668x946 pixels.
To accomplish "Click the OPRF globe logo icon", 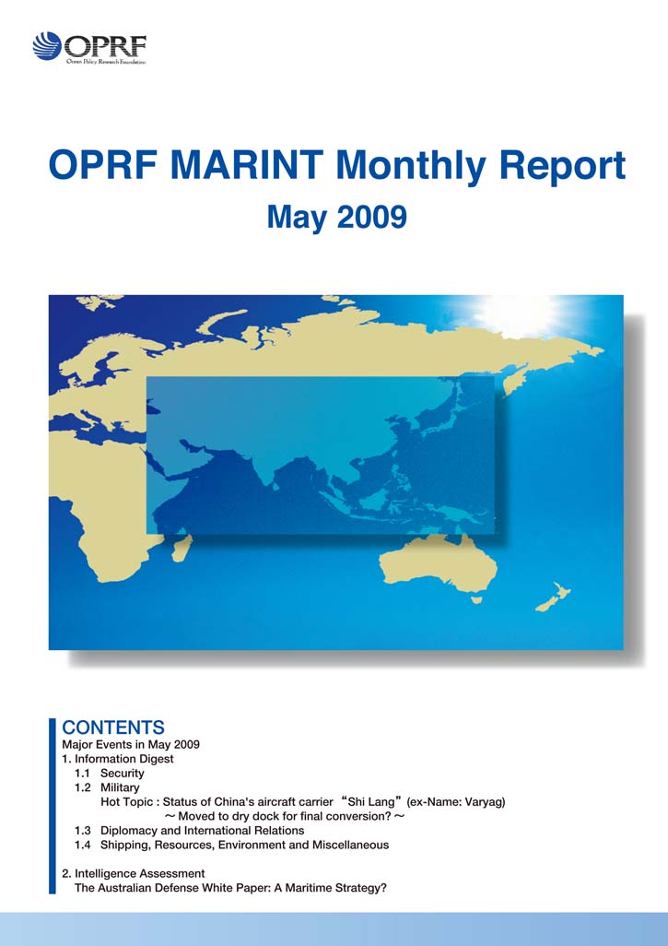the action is point(47,46).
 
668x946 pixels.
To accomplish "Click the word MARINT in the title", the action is point(247,165).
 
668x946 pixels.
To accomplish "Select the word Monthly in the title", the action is point(413,166).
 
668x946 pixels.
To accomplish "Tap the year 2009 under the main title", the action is point(371,217).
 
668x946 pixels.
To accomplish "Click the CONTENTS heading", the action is point(113,727).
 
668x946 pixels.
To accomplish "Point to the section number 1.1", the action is point(83,773).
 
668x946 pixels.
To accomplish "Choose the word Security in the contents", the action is point(123,774).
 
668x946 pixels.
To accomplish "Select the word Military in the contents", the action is point(120,787).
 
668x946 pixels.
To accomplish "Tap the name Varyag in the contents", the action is point(485,802).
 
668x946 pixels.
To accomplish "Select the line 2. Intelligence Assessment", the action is point(134,873).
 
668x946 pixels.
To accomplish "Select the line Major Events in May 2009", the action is point(131,744).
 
